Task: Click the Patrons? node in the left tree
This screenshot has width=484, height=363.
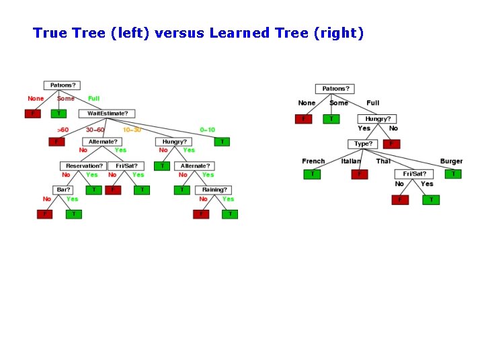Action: pyautogui.click(x=62, y=85)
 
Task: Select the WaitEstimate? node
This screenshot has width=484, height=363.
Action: pyautogui.click(x=108, y=114)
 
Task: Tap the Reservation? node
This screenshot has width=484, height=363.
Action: pyautogui.click(x=83, y=165)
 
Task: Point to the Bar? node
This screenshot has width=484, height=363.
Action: pyautogui.click(x=63, y=190)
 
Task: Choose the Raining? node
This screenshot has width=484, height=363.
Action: pyautogui.click(x=215, y=190)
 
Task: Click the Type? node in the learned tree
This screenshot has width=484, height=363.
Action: pyautogui.click(x=363, y=144)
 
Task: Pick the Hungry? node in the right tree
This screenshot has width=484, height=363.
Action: pyautogui.click(x=377, y=119)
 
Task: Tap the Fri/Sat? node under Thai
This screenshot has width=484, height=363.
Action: pyautogui.click(x=413, y=173)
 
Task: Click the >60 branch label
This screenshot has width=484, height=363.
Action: pyautogui.click(x=63, y=130)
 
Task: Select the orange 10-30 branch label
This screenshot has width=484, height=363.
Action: pyautogui.click(x=132, y=130)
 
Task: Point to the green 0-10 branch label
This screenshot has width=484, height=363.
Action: pyautogui.click(x=208, y=130)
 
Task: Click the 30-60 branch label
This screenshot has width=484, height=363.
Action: pyautogui.click(x=95, y=130)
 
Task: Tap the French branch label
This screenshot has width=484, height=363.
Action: pyautogui.click(x=313, y=161)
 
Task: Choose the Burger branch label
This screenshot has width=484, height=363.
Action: pyautogui.click(x=452, y=161)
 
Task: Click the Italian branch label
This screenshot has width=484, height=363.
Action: pyautogui.click(x=351, y=161)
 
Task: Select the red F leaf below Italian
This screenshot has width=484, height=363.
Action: pyautogui.click(x=360, y=174)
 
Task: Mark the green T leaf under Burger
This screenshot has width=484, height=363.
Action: pyautogui.click(x=454, y=174)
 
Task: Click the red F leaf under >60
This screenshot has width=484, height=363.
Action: pyautogui.click(x=56, y=142)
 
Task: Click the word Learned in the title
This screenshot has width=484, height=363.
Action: pyautogui.click(x=240, y=33)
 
